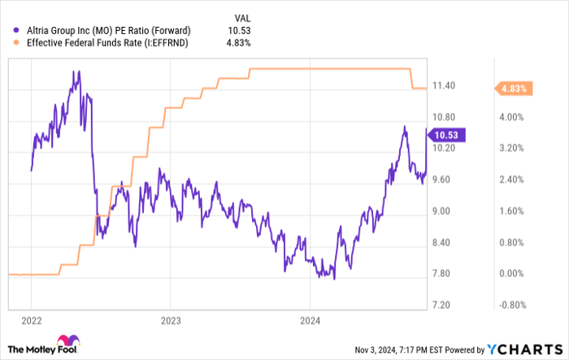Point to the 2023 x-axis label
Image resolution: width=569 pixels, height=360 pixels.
pos(171,320)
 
